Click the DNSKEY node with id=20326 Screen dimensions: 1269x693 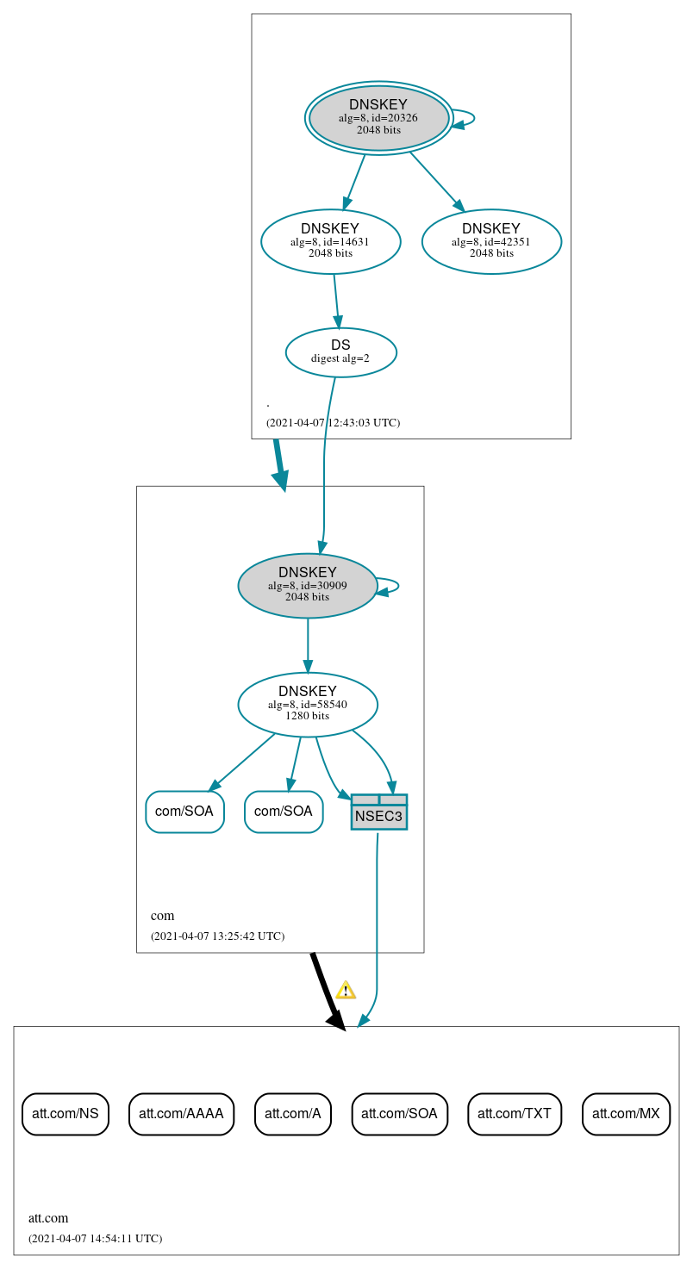379,118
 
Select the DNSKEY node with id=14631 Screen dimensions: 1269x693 330,241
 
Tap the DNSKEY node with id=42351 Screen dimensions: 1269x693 491,241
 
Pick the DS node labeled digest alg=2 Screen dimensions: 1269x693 340,351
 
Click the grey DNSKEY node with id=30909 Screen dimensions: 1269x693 307,586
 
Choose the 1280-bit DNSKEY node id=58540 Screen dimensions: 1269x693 307,704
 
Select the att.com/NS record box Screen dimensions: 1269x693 66,1114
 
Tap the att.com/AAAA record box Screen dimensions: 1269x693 181,1114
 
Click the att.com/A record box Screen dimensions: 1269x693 293,1114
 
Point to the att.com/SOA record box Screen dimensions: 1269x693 399,1114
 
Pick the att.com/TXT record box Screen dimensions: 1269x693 515,1114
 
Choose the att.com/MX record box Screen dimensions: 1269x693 626,1114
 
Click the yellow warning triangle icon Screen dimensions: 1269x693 346,990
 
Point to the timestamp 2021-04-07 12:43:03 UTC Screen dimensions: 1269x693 333,423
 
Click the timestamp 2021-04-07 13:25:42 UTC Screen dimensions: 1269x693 217,936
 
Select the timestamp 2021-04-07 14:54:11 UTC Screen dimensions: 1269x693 95,1239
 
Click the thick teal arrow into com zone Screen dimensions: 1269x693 279,465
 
